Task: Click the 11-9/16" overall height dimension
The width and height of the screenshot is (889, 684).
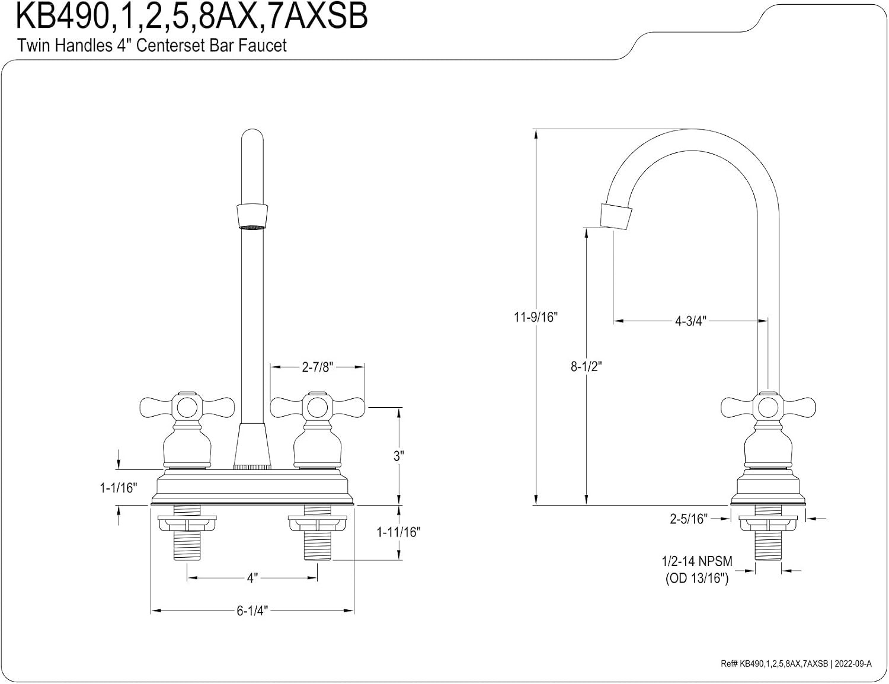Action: click(536, 317)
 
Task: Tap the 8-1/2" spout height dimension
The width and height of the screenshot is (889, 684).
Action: click(586, 366)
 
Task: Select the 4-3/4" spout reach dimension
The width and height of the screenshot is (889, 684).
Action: click(690, 321)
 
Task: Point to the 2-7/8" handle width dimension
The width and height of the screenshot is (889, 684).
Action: click(318, 367)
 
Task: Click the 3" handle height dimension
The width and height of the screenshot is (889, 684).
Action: click(398, 456)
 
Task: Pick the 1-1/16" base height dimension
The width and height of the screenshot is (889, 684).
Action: click(119, 488)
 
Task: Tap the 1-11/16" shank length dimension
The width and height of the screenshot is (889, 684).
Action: click(398, 532)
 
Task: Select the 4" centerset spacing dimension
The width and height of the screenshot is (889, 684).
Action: click(252, 578)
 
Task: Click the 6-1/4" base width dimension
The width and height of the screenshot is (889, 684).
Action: click(252, 611)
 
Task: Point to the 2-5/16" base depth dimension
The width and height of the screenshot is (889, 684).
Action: click(689, 519)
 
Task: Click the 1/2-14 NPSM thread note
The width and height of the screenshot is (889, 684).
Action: click(697, 561)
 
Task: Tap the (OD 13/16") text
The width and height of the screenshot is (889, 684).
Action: click(697, 578)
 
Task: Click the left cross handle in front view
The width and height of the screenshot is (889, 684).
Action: click(187, 407)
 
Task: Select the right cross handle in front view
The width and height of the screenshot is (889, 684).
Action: click(318, 407)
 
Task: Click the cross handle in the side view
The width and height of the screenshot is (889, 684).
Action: click(768, 407)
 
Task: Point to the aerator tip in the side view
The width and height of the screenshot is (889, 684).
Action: click(616, 216)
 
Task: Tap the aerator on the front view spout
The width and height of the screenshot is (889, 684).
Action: click(252, 216)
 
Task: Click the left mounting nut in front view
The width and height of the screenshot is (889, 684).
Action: click(187, 523)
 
